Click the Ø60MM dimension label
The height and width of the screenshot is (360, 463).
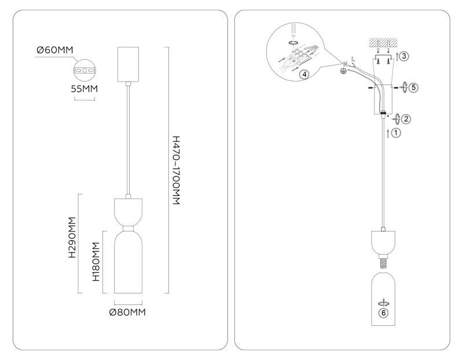click(x=54, y=50)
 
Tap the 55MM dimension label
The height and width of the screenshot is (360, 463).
click(x=84, y=89)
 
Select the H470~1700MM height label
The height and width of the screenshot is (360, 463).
click(x=176, y=170)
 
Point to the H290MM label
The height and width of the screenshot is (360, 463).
click(x=72, y=237)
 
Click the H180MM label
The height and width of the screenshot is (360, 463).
click(x=96, y=262)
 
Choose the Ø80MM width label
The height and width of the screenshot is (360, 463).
click(x=127, y=312)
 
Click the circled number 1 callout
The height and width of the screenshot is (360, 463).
click(x=396, y=133)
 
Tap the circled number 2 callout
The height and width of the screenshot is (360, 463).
click(x=406, y=119)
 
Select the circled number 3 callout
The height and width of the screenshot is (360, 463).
click(x=404, y=56)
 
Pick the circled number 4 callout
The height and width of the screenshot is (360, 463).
click(x=304, y=74)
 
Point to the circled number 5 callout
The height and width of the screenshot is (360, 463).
click(x=414, y=87)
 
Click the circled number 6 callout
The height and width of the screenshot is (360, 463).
click(x=383, y=313)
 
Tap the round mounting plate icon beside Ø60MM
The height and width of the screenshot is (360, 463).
click(x=84, y=71)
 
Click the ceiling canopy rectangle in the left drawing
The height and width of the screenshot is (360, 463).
click(x=128, y=64)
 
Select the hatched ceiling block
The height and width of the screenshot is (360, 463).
click(x=383, y=42)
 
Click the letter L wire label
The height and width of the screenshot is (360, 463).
click(x=353, y=59)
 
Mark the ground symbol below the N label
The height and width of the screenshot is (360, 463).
click(x=343, y=71)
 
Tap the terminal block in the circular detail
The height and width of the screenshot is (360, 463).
click(x=298, y=58)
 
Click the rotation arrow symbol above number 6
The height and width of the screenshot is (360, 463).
click(x=383, y=303)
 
